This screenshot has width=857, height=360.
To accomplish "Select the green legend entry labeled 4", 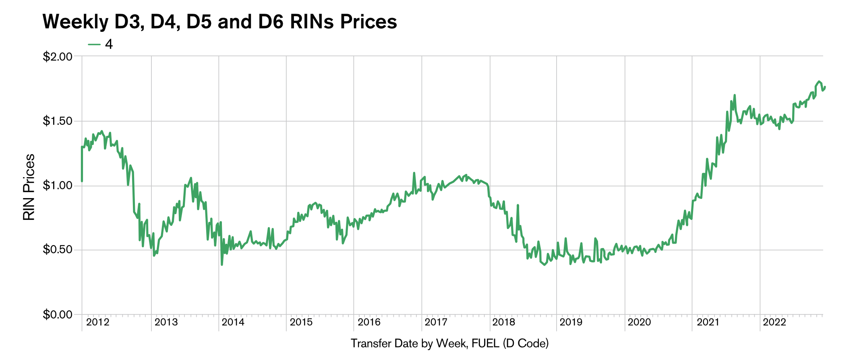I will click(101, 44).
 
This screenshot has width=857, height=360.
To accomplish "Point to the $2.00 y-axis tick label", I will click(57, 56).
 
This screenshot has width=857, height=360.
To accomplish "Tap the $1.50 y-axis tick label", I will click(57, 121).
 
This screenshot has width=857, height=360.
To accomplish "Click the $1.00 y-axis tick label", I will click(57, 186).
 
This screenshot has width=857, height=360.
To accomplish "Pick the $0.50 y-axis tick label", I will click(57, 250).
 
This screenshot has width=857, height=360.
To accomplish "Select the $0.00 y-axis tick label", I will click(57, 314).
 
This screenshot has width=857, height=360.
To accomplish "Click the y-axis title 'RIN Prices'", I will click(29, 187).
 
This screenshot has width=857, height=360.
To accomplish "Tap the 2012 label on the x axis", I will click(98, 322).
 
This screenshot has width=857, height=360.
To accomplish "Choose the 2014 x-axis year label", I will click(233, 322).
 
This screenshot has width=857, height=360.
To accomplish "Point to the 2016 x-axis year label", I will click(369, 322).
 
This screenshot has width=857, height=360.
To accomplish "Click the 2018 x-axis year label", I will click(503, 322).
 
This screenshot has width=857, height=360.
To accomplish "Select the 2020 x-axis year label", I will click(639, 322).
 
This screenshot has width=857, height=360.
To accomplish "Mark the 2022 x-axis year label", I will click(774, 322).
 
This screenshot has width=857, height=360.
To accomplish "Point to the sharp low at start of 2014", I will click(221, 265).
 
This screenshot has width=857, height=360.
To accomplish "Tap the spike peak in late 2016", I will click(414, 173).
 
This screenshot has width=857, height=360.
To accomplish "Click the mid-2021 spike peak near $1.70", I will click(735, 95).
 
